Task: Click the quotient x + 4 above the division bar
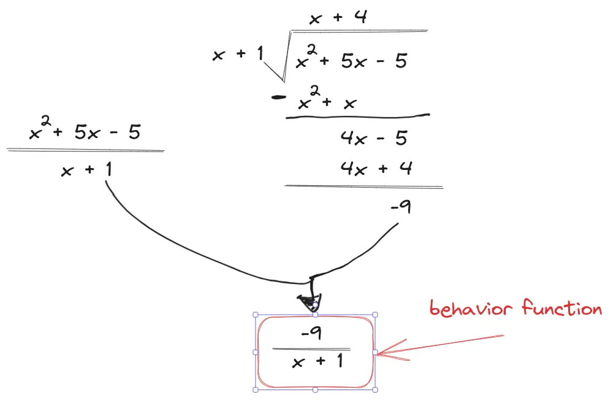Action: [338, 18]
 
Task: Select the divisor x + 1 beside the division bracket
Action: [237, 54]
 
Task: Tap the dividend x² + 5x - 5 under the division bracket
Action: [351, 60]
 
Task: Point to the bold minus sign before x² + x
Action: [279, 97]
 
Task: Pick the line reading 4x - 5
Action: [373, 139]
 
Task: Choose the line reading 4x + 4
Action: [376, 167]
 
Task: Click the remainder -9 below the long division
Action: [400, 208]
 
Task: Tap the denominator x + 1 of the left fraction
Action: [86, 169]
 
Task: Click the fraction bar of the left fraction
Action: [85, 150]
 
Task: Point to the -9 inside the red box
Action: [312, 333]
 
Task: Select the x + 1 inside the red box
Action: [317, 363]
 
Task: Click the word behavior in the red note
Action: [470, 308]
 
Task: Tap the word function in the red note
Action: [561, 308]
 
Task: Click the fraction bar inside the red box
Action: [311, 349]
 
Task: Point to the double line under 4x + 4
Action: [363, 186]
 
